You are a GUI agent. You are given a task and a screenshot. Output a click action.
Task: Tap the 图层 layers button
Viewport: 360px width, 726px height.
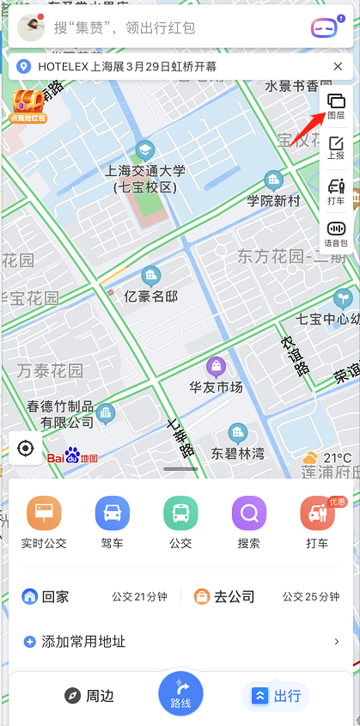coord(336,107)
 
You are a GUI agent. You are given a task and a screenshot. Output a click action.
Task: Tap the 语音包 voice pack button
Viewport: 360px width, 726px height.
coord(336,234)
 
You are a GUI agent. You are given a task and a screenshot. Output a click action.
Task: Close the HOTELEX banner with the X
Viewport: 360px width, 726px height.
coord(338,66)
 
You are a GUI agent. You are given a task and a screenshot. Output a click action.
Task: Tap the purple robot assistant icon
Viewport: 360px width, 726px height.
coord(324,27)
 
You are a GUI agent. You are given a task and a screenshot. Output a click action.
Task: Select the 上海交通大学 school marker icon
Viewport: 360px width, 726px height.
coord(144,149)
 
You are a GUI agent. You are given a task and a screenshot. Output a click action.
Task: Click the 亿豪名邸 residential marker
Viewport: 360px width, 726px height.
coord(151,276)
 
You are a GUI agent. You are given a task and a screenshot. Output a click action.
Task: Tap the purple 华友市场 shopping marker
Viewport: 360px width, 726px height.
coord(217,366)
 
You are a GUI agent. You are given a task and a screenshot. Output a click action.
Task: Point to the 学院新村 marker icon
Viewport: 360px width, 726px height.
coord(274,180)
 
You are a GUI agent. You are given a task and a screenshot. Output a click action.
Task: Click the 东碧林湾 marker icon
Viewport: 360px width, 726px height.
coord(237,432)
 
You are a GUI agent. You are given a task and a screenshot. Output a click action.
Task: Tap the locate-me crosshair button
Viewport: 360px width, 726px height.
coord(26,448)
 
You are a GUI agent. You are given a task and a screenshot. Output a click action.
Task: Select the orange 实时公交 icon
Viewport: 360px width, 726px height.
coord(44,514)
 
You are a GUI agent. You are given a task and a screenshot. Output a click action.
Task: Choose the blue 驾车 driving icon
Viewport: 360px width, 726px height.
coord(113,514)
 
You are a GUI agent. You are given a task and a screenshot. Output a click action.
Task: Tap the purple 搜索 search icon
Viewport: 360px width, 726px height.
coord(249,514)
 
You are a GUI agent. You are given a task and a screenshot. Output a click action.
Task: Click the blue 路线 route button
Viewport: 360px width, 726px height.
coord(180,693)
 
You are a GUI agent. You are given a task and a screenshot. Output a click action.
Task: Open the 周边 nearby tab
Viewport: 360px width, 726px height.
coord(89,695)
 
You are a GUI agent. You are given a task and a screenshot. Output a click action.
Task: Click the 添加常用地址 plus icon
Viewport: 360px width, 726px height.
coord(30,641)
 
